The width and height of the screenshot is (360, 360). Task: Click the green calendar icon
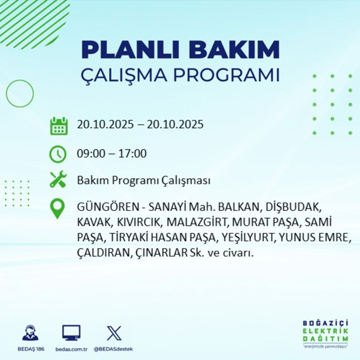(x=58, y=126)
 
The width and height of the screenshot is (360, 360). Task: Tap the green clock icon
(x=58, y=154)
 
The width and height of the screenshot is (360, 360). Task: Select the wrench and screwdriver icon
(x=58, y=180)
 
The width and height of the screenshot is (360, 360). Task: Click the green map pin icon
(x=58, y=209)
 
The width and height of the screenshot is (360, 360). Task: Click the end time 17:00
(x=133, y=154)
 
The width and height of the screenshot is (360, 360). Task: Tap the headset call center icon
(x=30, y=333)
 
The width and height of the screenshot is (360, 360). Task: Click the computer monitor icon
(x=71, y=333)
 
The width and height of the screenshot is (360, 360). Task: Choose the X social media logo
(x=114, y=333)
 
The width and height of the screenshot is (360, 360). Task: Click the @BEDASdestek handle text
(x=114, y=349)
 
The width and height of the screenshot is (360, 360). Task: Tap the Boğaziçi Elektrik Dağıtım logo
(x=325, y=333)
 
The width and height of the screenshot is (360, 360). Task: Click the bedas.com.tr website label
(x=71, y=349)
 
